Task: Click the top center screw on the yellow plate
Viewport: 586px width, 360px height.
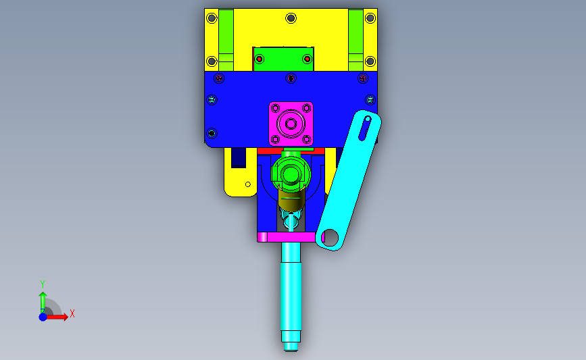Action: point(291,18)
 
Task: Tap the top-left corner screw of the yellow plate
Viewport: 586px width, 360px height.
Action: point(212,18)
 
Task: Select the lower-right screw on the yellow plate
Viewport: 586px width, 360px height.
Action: point(370,61)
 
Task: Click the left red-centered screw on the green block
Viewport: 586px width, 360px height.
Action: point(259,59)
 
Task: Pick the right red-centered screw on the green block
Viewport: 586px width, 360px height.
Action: point(308,59)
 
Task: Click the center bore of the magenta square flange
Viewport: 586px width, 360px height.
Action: point(291,124)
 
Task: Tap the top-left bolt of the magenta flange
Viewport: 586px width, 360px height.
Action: point(276,108)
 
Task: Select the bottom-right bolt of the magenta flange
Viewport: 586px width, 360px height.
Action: point(306,139)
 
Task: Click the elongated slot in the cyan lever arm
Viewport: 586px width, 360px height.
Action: point(365,128)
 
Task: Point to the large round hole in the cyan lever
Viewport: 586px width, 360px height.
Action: point(330,237)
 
